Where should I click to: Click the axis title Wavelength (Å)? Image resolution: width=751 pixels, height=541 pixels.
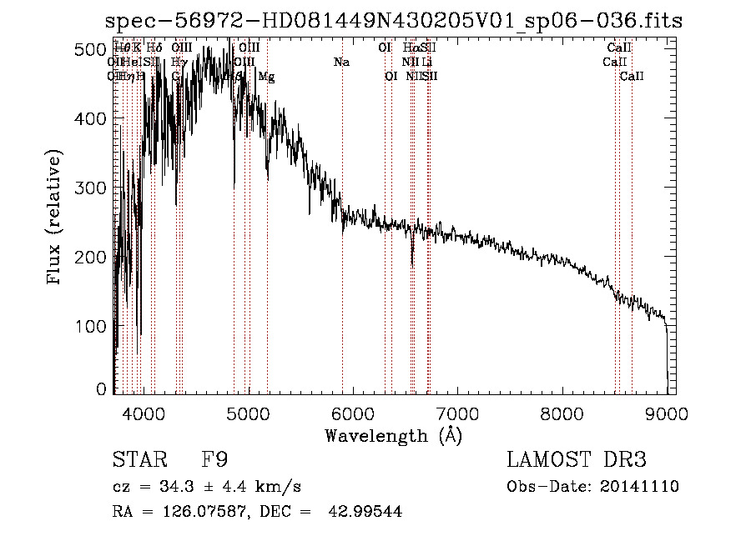click(x=393, y=434)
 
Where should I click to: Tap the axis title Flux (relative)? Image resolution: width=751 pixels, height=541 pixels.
click(x=56, y=218)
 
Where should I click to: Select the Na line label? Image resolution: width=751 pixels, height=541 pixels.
click(x=341, y=63)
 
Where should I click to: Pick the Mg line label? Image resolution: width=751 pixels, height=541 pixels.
click(x=266, y=77)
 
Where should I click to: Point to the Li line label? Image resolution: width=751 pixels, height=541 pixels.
click(x=426, y=63)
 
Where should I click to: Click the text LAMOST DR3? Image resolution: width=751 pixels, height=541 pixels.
click(x=577, y=460)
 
